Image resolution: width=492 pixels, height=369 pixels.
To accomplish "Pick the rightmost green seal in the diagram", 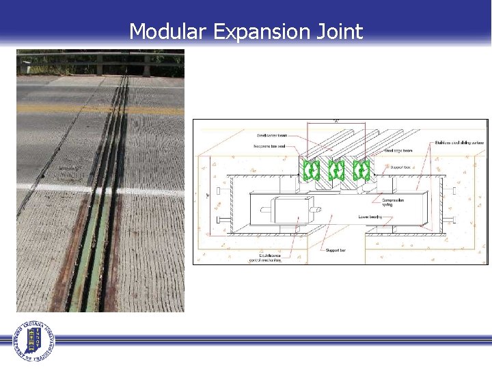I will [361, 169].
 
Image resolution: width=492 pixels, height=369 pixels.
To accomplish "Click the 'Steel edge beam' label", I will [398, 150].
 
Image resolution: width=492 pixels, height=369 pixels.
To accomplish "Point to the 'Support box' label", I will [400, 167].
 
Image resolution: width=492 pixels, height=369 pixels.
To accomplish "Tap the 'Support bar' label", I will [335, 251].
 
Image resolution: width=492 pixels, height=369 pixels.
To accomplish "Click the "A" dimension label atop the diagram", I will [336, 121].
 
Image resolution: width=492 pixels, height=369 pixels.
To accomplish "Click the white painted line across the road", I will [61, 188].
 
